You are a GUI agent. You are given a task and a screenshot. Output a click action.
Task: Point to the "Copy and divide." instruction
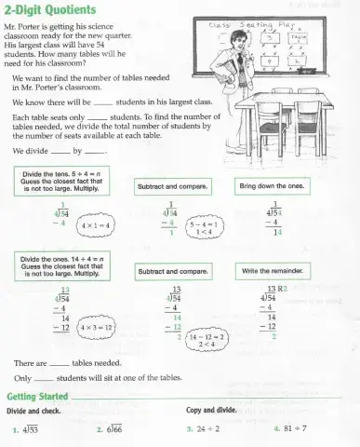(214, 411)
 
